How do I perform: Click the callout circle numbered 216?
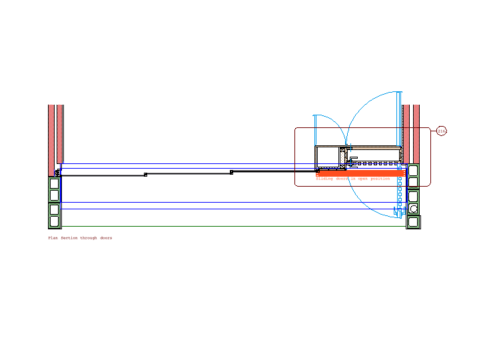(442, 131)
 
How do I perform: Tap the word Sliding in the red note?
(324, 179)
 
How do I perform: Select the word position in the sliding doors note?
(380, 179)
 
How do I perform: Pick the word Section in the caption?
(69, 238)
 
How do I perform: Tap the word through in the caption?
(89, 238)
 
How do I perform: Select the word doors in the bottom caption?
(106, 238)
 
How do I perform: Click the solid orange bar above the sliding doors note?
(360, 173)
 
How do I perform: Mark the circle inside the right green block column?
(414, 209)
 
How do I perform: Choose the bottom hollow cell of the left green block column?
(54, 221)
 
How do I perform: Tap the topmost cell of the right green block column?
(413, 169)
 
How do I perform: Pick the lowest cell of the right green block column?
(414, 221)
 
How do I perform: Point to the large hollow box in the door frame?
(328, 157)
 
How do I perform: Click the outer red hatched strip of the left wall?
(51, 133)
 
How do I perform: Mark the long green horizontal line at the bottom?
(233, 227)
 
